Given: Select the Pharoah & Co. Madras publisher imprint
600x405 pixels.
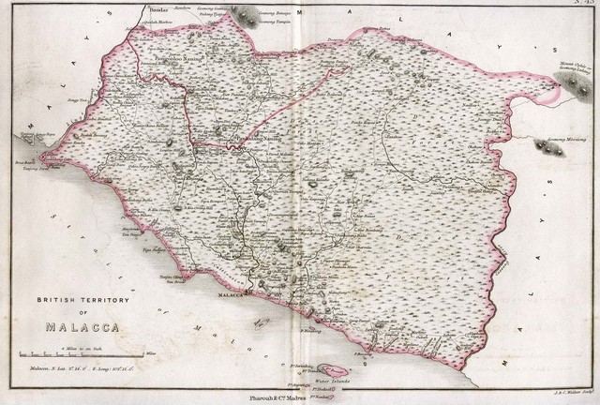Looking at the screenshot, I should [x=298, y=397].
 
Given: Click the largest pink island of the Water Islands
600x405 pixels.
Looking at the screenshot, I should [x=333, y=371].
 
